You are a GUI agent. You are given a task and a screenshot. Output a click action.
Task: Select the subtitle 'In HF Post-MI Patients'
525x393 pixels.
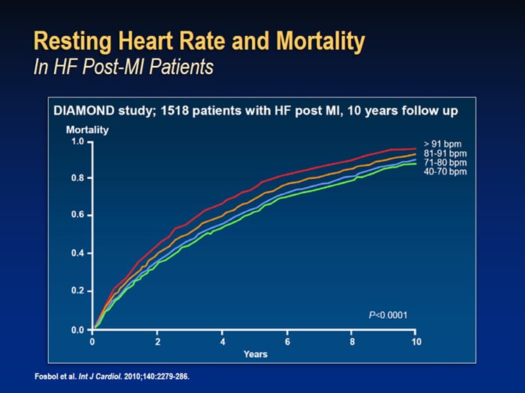pyautogui.click(x=123, y=67)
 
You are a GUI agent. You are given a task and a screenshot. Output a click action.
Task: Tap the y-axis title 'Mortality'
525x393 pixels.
pyautogui.click(x=88, y=130)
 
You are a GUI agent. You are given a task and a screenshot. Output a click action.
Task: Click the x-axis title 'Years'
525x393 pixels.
pyautogui.click(x=255, y=353)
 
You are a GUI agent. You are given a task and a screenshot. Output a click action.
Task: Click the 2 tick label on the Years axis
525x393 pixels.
pyautogui.click(x=157, y=341)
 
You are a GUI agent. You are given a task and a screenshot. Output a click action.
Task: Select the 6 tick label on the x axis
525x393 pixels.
pyautogui.click(x=287, y=341)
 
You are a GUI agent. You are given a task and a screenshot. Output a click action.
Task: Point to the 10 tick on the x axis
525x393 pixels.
pyautogui.click(x=416, y=341)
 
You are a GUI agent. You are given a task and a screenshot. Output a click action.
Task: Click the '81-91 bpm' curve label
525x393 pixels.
pyautogui.click(x=445, y=152)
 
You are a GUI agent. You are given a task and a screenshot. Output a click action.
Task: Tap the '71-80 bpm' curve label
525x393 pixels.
pyautogui.click(x=445, y=162)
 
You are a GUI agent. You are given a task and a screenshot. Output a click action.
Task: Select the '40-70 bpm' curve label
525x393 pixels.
pyautogui.click(x=445, y=171)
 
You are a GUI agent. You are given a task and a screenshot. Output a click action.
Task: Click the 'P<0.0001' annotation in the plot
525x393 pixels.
pyautogui.click(x=388, y=314)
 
